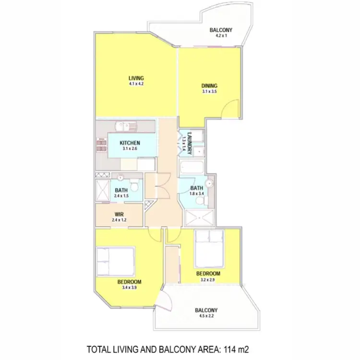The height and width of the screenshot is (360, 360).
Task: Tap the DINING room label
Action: tap(209, 86)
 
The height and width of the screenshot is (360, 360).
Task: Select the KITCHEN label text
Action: tap(130, 143)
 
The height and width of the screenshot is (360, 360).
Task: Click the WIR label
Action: tap(120, 214)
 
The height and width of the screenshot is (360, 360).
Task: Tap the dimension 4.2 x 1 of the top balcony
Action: tap(221, 36)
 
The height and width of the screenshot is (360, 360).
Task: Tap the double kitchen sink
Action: tap(126, 127)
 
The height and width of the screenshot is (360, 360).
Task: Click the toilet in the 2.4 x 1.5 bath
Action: tap(136, 185)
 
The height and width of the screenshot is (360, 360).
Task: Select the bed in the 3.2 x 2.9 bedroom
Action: tap(209, 249)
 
